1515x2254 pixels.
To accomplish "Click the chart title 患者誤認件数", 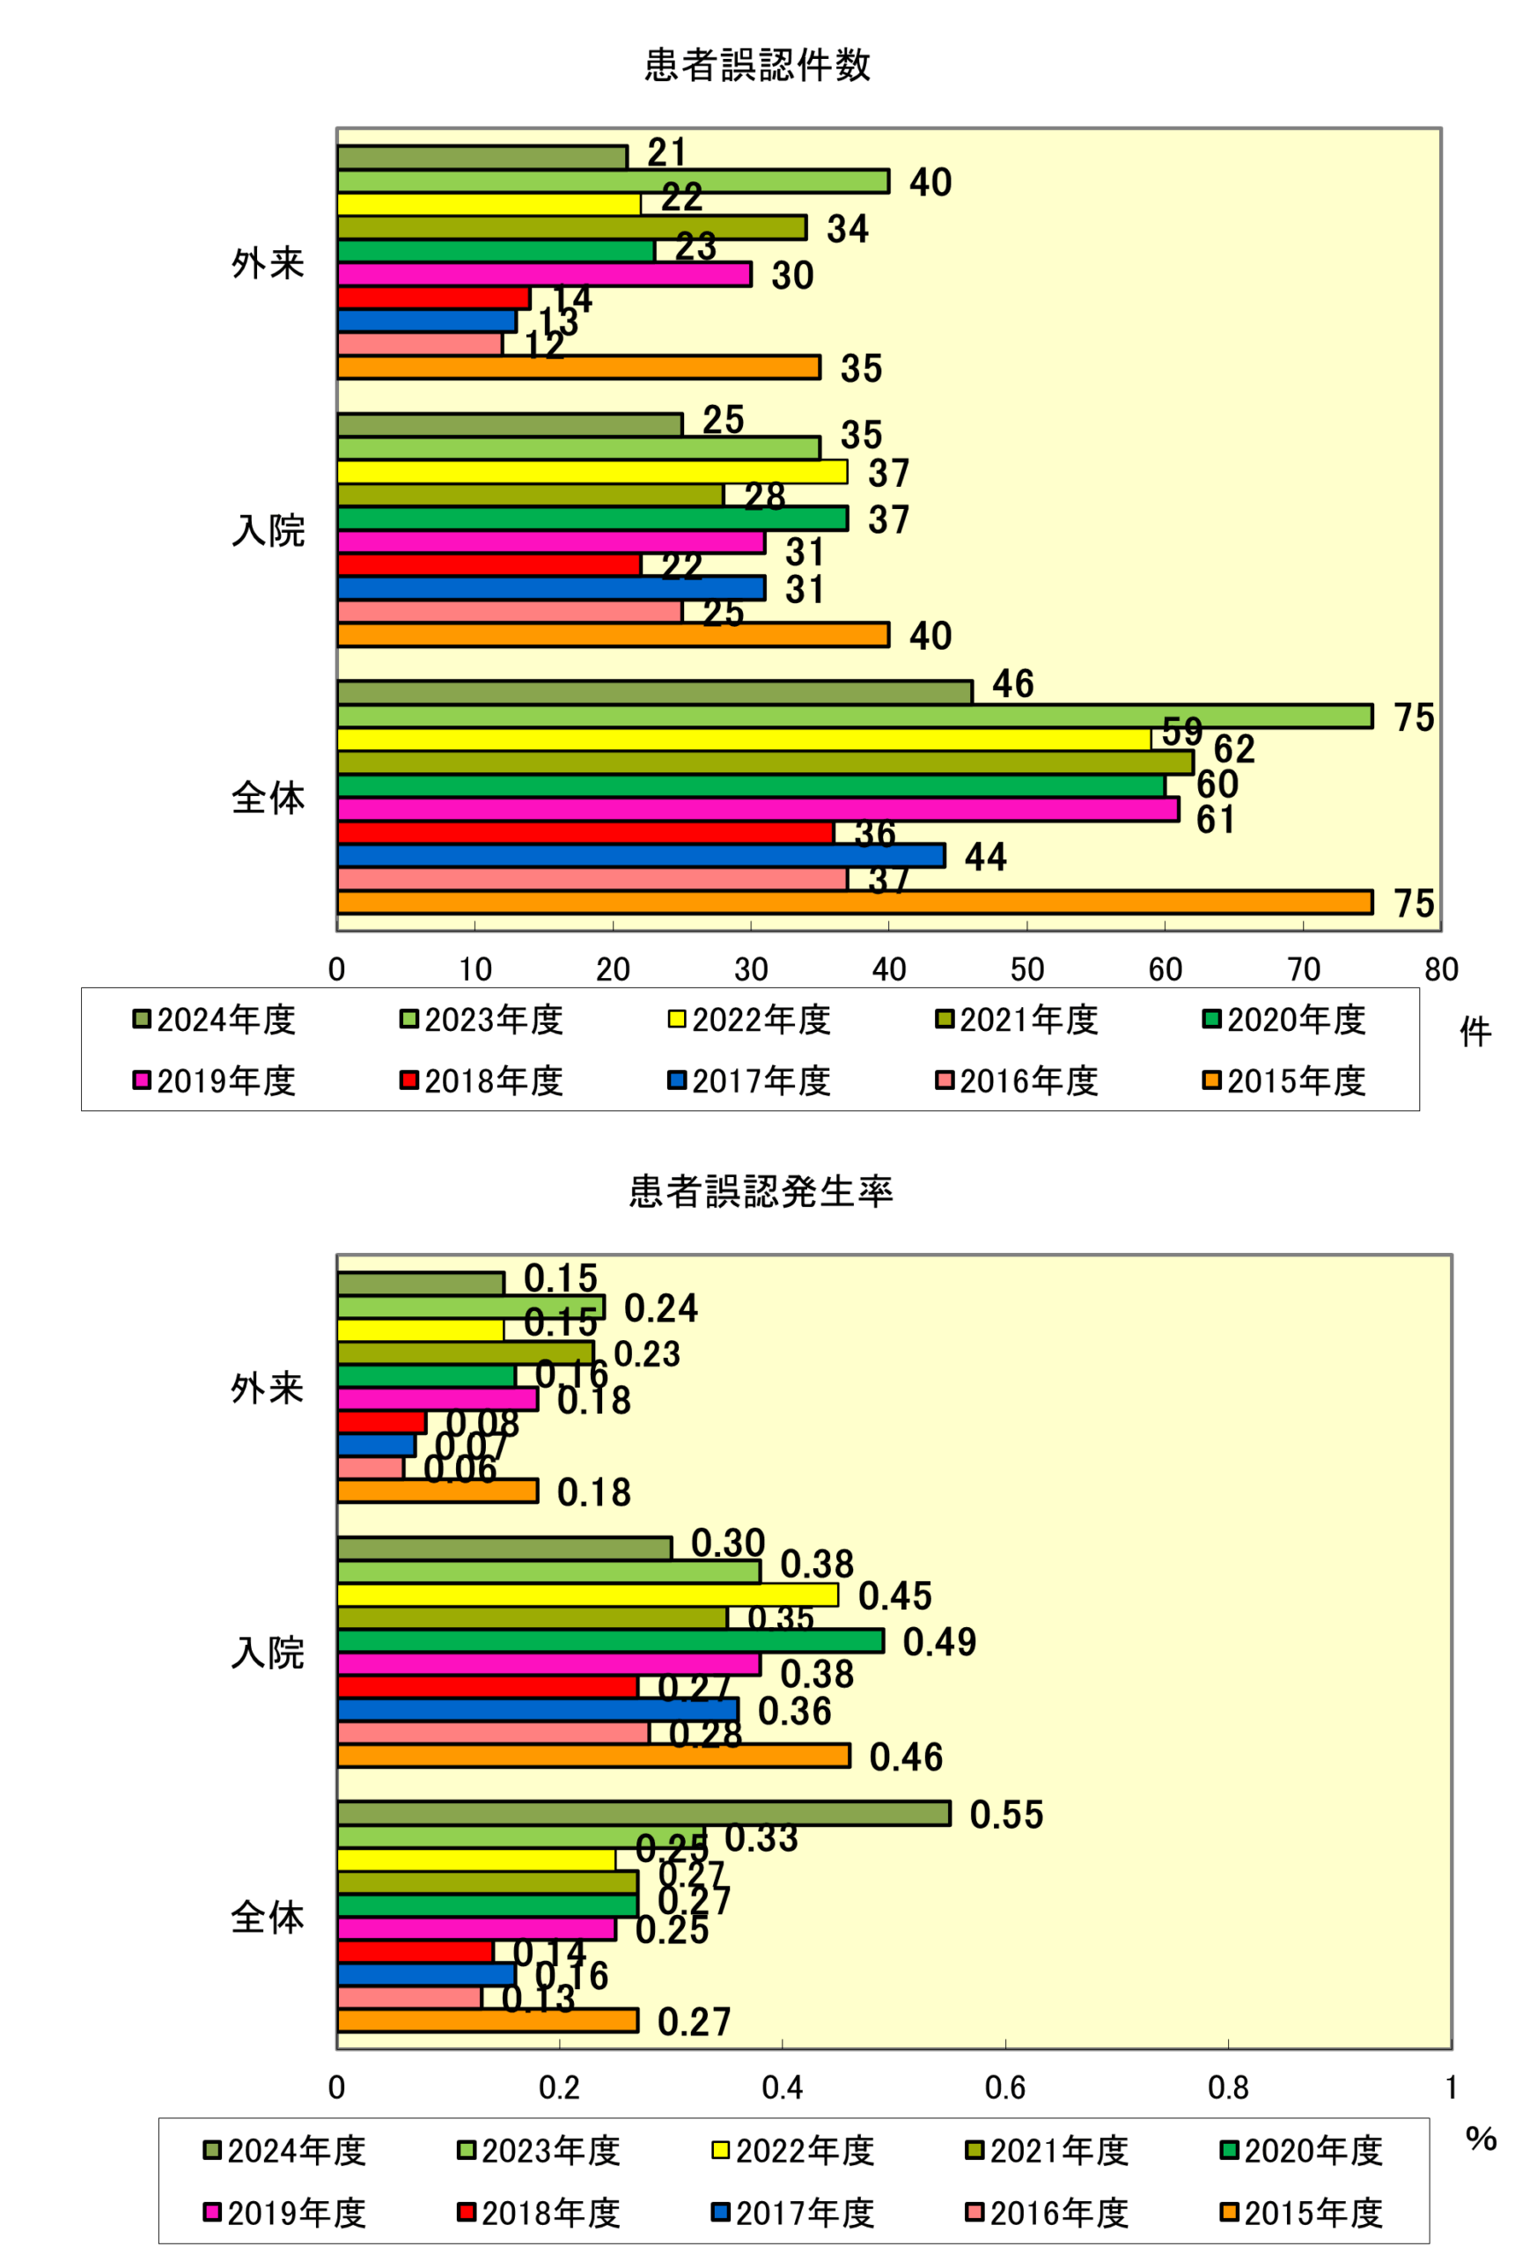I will click(757, 65).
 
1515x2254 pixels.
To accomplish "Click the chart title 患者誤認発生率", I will click(761, 1191).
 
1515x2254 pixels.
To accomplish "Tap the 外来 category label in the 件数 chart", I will click(268, 262).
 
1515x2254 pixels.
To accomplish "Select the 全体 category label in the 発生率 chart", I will click(268, 1917).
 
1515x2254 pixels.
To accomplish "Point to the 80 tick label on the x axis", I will click(1440, 970).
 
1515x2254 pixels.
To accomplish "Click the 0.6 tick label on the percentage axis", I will click(1004, 2088).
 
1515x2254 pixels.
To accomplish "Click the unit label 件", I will click(1475, 1033).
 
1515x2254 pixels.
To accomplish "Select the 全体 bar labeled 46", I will click(654, 693).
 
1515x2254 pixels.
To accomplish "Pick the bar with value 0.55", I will click(644, 1814).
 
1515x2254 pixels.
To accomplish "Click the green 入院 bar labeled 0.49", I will click(610, 1641).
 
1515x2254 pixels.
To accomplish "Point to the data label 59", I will click(1181, 732).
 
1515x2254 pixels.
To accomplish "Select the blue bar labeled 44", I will click(641, 856).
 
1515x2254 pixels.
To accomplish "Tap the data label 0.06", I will click(460, 1470).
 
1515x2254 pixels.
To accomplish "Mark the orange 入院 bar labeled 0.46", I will click(593, 1757).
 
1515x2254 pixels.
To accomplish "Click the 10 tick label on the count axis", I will click(474, 970).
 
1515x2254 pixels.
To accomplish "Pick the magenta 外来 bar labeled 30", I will click(544, 275).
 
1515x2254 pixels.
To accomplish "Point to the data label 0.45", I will click(894, 1596).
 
